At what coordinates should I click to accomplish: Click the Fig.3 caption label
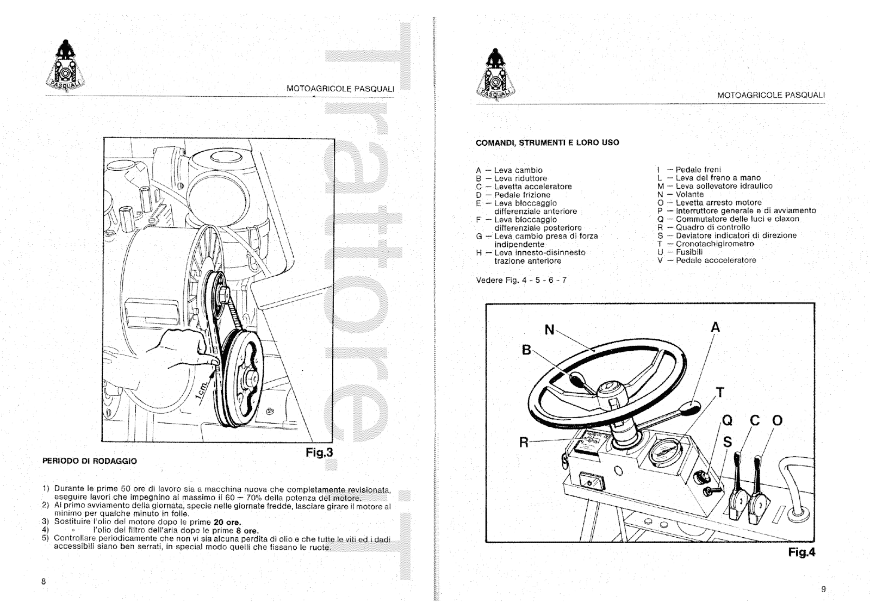(x=319, y=452)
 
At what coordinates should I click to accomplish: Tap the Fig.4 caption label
(x=802, y=552)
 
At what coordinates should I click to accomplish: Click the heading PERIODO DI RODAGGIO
(x=90, y=461)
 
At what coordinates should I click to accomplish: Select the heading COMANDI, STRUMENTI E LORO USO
(x=547, y=143)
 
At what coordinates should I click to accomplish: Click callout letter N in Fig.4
(x=550, y=330)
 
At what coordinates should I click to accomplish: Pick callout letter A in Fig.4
(x=716, y=327)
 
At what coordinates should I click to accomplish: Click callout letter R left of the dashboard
(x=524, y=443)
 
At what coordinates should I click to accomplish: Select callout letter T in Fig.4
(x=720, y=393)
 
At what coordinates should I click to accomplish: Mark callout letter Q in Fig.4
(x=727, y=421)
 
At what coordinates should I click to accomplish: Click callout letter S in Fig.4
(x=727, y=442)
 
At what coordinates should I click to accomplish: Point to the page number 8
(x=43, y=582)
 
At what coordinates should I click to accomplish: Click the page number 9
(x=823, y=589)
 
